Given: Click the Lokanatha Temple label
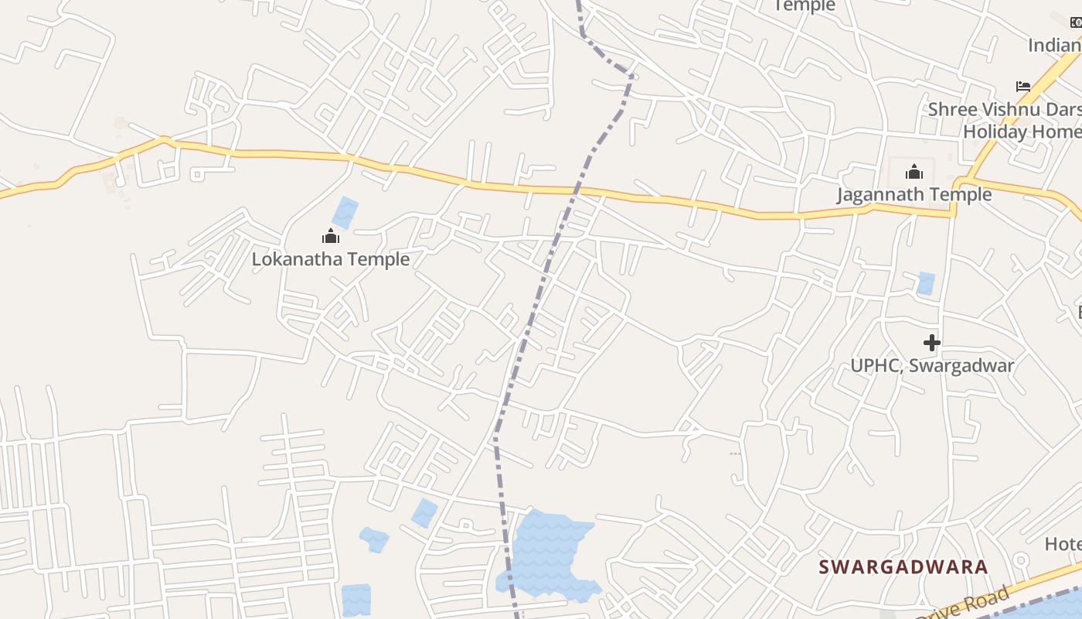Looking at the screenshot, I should (331, 258).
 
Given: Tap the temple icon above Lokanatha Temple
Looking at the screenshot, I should (331, 236).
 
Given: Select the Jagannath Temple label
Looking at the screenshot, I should (914, 194).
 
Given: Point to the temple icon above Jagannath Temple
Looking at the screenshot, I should (914, 172).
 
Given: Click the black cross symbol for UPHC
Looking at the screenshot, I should (932, 342).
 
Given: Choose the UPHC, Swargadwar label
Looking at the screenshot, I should (932, 365).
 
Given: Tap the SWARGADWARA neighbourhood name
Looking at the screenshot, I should (903, 566).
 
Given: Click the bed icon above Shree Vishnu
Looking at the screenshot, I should (1023, 87).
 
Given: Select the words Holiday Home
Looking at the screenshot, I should (1020, 132).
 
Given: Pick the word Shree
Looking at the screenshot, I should (953, 109).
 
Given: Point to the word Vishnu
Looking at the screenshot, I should (1009, 109).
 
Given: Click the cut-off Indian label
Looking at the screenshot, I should (1054, 45).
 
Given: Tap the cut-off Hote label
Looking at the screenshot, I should (1063, 544).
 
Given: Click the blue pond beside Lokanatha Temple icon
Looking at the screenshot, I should (345, 213).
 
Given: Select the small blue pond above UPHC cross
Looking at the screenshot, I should (925, 283).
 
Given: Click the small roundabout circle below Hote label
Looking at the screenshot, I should (1021, 559).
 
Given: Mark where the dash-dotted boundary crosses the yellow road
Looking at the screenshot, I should (577, 190).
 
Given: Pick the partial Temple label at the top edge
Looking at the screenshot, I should (804, 5).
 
